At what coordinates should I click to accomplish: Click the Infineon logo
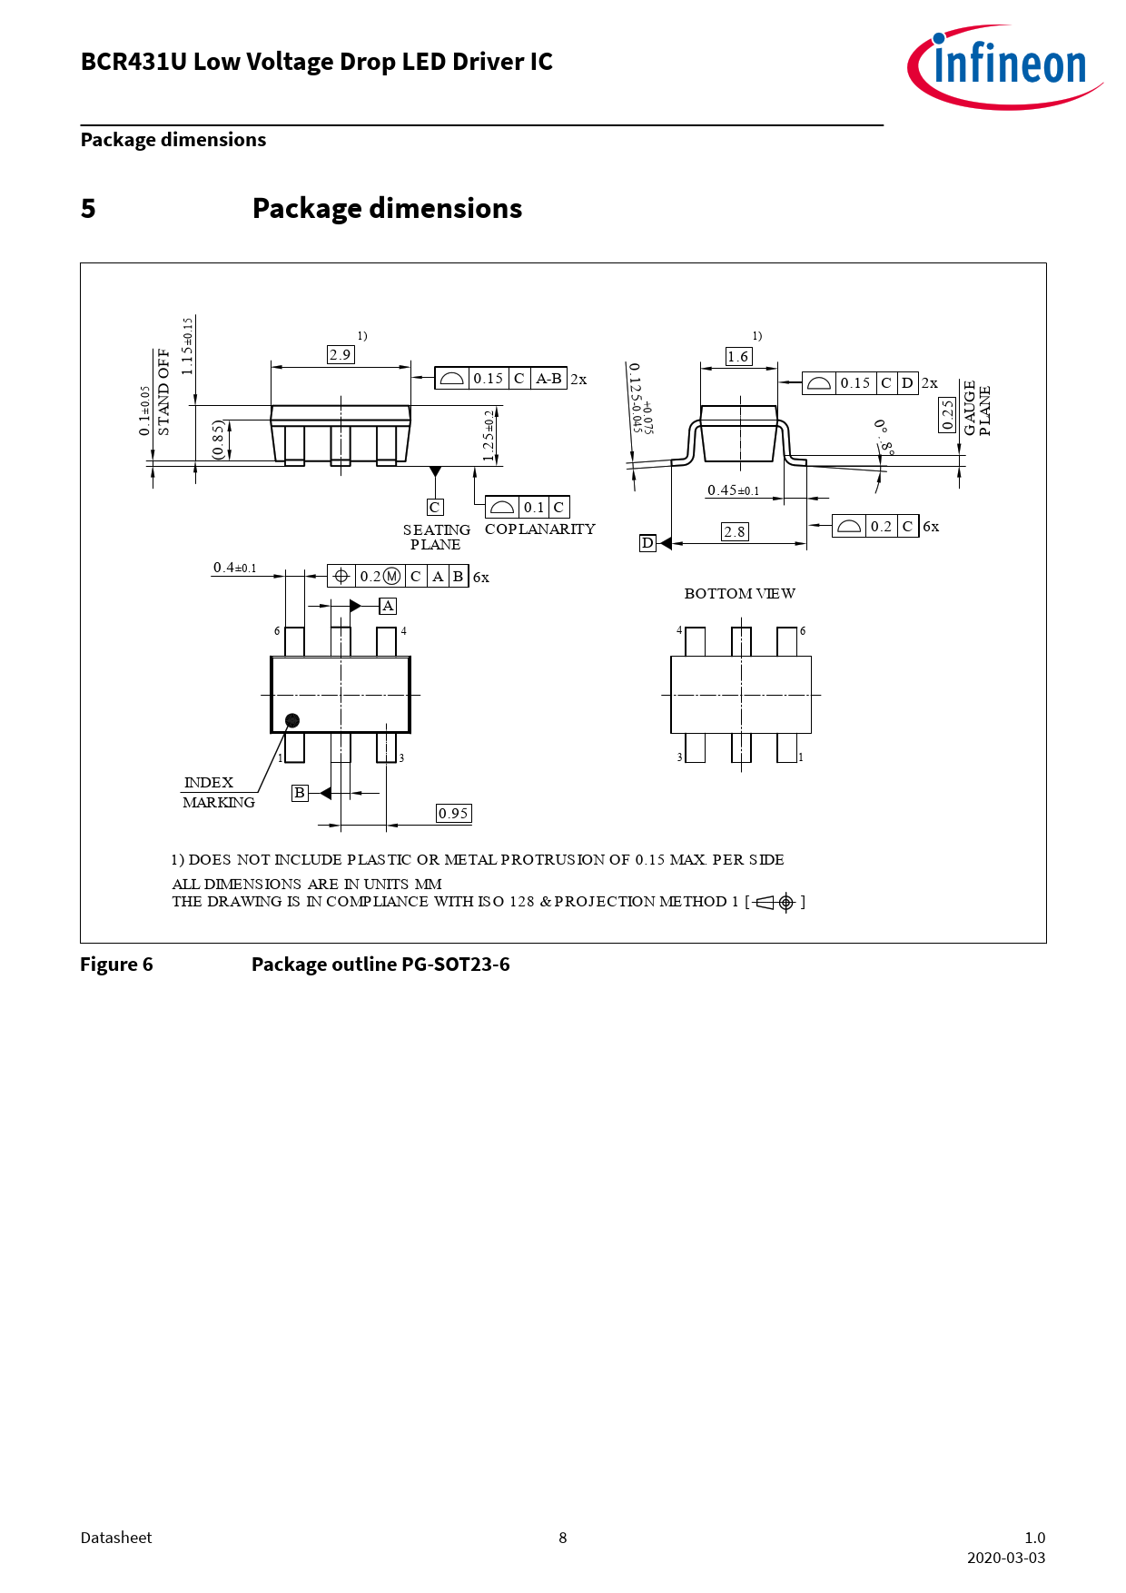(1005, 66)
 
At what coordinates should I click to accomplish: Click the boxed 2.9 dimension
(341, 355)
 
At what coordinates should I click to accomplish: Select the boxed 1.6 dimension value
(738, 357)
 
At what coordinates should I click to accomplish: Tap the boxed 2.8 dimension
(735, 532)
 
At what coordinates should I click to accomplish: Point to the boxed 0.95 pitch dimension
(453, 814)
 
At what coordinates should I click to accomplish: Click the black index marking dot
(292, 720)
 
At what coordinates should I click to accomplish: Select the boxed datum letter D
(647, 543)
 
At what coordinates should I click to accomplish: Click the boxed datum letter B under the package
(300, 793)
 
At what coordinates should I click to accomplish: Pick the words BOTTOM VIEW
(740, 594)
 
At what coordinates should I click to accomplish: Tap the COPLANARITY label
(540, 529)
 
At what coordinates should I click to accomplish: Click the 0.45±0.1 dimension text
(734, 490)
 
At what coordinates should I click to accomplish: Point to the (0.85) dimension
(218, 440)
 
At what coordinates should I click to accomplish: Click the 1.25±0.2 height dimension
(489, 436)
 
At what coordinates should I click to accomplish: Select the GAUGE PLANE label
(977, 409)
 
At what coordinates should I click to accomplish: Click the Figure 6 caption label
(116, 965)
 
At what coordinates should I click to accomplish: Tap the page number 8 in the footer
(563, 1538)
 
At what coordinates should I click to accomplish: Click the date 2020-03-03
(1006, 1558)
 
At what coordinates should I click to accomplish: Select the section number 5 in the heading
(88, 209)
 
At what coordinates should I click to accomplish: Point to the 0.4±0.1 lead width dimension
(235, 569)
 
